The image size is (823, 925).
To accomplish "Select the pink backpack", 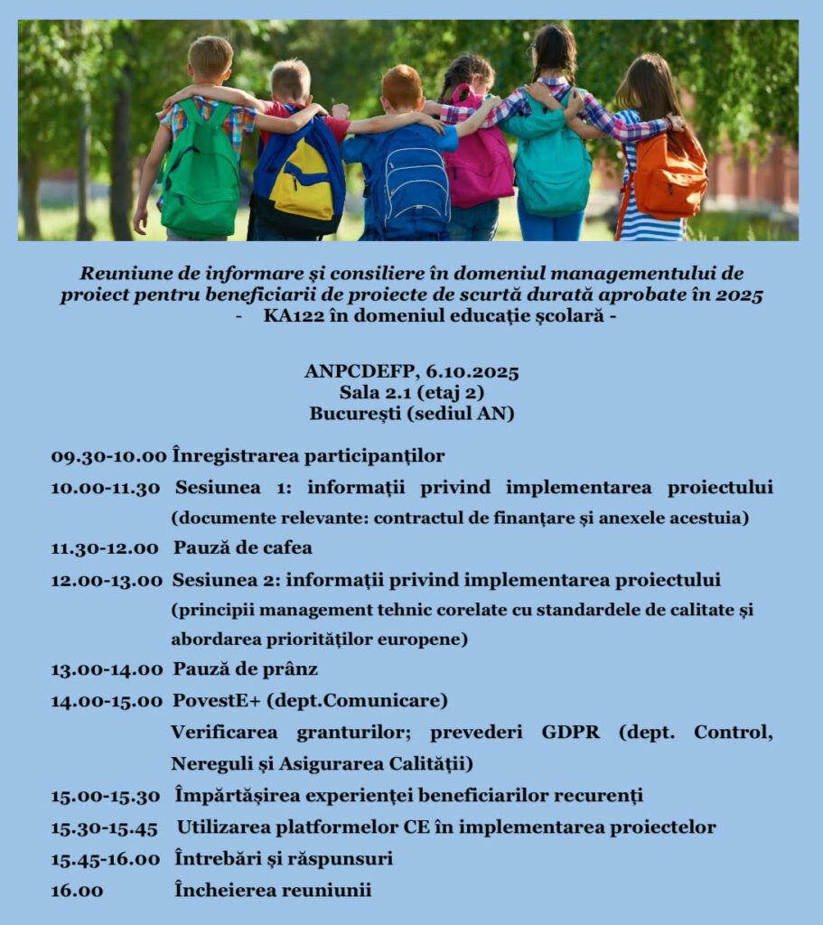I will pyautogui.click(x=478, y=158).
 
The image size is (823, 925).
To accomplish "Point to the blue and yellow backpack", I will pyautogui.click(x=298, y=176).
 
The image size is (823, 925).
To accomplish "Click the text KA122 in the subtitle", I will pyautogui.click(x=289, y=316).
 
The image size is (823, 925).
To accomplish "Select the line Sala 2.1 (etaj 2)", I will pyautogui.click(x=412, y=392).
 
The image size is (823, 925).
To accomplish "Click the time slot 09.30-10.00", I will pyautogui.click(x=108, y=456).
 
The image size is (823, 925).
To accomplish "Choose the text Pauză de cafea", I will pyautogui.click(x=243, y=548).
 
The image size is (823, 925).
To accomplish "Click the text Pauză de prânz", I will pyautogui.click(x=245, y=669).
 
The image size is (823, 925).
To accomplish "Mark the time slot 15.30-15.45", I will pyautogui.click(x=104, y=827).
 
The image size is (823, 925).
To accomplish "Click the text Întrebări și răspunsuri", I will pyautogui.click(x=283, y=858).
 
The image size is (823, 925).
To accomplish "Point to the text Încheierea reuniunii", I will pyautogui.click(x=273, y=890).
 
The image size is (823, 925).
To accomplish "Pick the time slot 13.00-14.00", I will pyautogui.click(x=107, y=669).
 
